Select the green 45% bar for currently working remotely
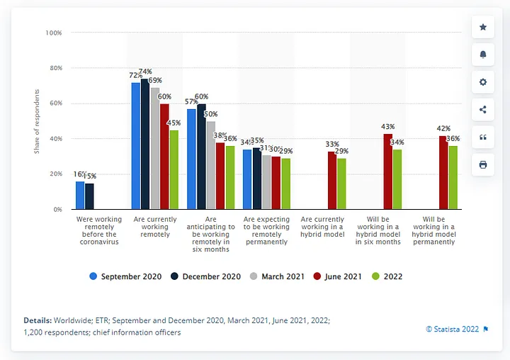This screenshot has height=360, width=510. [174, 170]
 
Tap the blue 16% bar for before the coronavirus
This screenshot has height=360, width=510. [80, 195]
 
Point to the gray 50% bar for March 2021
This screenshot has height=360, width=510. [210, 165]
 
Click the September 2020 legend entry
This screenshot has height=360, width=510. [125, 276]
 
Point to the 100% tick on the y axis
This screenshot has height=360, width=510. [54, 33]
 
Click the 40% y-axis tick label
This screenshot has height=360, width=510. [55, 139]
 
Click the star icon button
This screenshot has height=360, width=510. [483, 27]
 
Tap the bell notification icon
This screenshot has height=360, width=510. [483, 55]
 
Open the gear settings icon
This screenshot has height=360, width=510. [483, 82]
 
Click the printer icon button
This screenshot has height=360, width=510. [483, 164]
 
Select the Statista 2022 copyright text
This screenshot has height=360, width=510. [453, 329]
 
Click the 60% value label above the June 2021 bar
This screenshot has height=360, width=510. [165, 96]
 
